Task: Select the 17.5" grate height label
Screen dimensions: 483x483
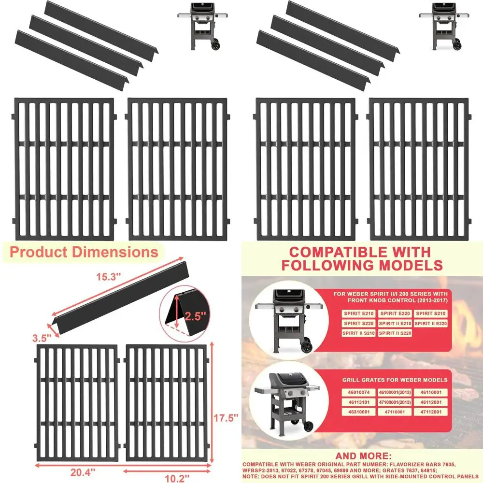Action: [x=227, y=417]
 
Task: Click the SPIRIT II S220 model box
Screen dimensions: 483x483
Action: [x=395, y=333]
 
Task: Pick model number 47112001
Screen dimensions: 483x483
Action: [x=431, y=412]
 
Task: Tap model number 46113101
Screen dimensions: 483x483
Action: [x=359, y=402]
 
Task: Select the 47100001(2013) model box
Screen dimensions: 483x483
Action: [x=395, y=402]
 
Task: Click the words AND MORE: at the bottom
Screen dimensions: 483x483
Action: [x=362, y=455]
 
